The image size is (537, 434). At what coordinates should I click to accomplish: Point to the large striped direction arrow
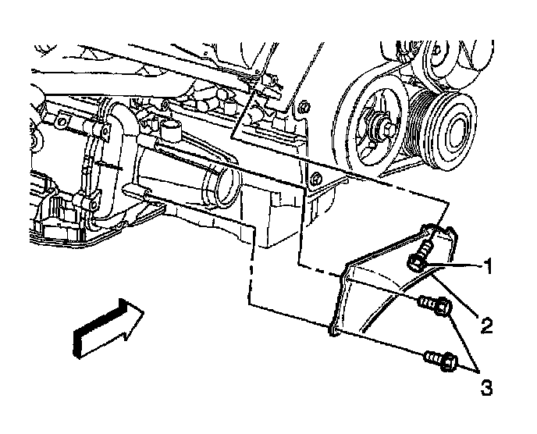(x=107, y=325)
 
